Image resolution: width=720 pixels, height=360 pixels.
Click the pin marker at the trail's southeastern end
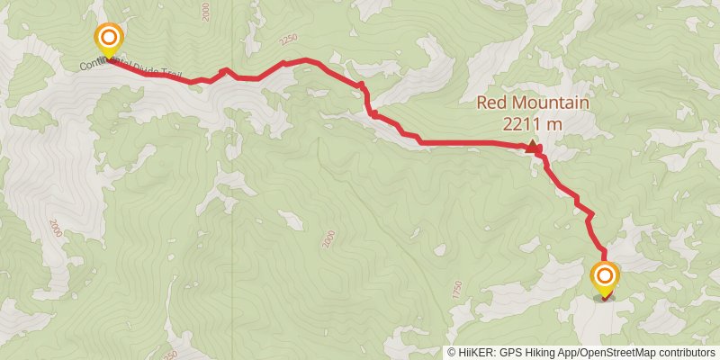point(604,277)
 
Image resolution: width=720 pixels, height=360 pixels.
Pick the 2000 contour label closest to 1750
point(328,238)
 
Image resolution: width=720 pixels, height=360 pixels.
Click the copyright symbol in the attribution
point(452,353)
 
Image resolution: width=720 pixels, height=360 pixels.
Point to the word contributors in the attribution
point(688,353)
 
